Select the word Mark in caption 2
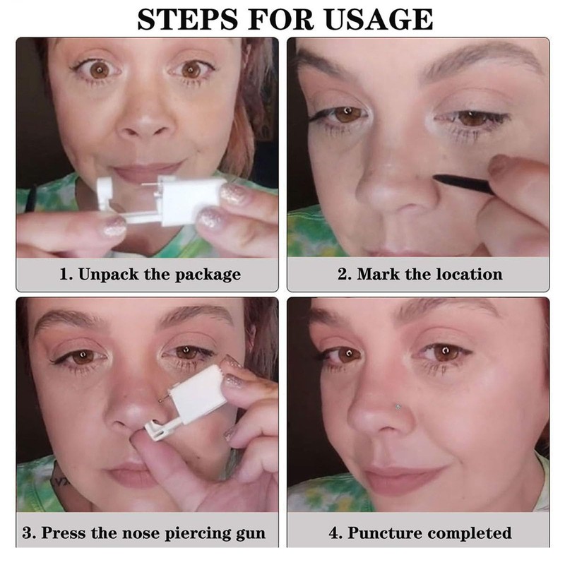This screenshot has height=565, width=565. [x=379, y=274]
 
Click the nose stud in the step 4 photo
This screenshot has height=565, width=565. [x=398, y=407]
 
